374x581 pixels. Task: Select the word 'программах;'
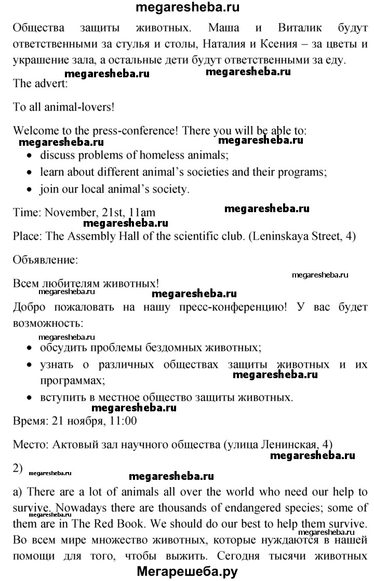pos(72,381)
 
